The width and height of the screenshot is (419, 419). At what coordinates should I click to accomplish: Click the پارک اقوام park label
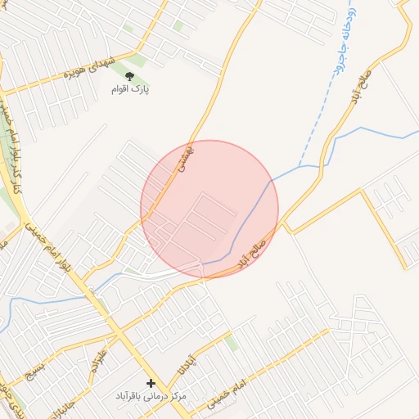pyautogui.click(x=131, y=88)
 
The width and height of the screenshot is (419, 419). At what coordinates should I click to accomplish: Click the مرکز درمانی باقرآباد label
pyautogui.click(x=151, y=396)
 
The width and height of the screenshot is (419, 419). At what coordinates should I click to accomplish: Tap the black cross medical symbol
pyautogui.click(x=151, y=383)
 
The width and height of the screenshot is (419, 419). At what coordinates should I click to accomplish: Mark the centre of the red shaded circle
pyautogui.click(x=209, y=209)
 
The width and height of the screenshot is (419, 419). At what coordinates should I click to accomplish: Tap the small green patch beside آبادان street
pyautogui.click(x=232, y=343)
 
